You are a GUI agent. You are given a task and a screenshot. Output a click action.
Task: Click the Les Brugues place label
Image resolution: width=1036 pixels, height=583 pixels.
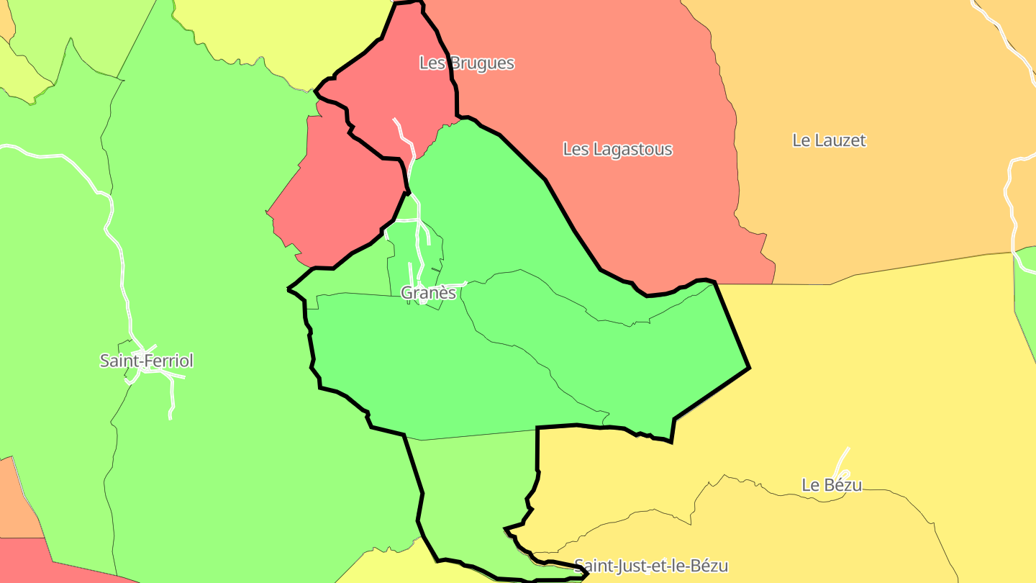tap(467, 63)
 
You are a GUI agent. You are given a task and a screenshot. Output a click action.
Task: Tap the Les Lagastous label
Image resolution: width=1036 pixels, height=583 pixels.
tap(617, 150)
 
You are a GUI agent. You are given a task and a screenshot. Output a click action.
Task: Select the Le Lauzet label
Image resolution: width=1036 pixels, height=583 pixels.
tap(829, 140)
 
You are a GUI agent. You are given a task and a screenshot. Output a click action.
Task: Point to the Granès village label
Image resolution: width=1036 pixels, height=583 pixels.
tap(428, 293)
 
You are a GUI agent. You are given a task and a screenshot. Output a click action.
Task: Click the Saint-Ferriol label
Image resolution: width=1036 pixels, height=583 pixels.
tap(147, 361)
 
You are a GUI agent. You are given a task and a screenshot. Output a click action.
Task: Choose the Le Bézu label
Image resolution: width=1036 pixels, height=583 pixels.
tap(832, 485)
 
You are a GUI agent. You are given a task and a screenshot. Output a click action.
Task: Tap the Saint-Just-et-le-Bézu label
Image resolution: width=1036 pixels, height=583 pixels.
tap(651, 566)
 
